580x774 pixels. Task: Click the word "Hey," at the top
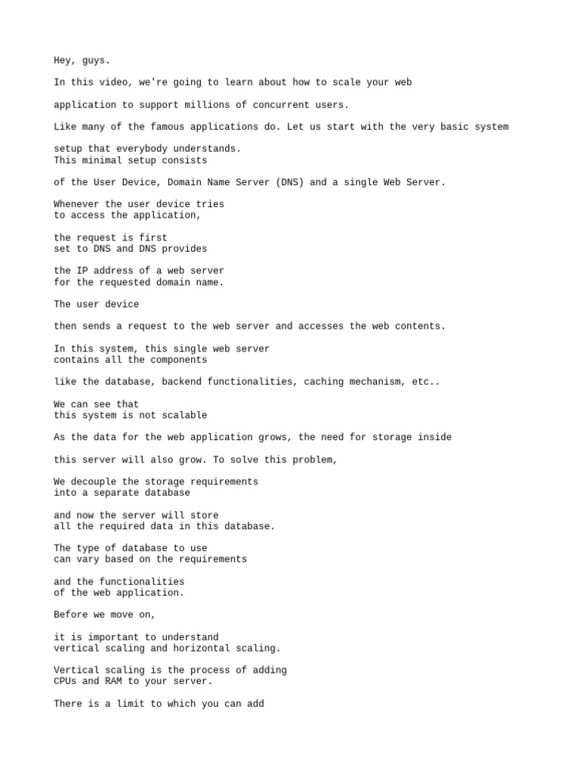[65, 60]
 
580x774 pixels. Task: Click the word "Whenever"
[76, 204]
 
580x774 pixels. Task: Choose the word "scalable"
[184, 415]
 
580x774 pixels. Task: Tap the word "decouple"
[94, 481]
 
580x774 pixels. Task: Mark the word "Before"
[71, 615]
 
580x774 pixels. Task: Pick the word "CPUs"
[65, 682]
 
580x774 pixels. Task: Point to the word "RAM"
[113, 682]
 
